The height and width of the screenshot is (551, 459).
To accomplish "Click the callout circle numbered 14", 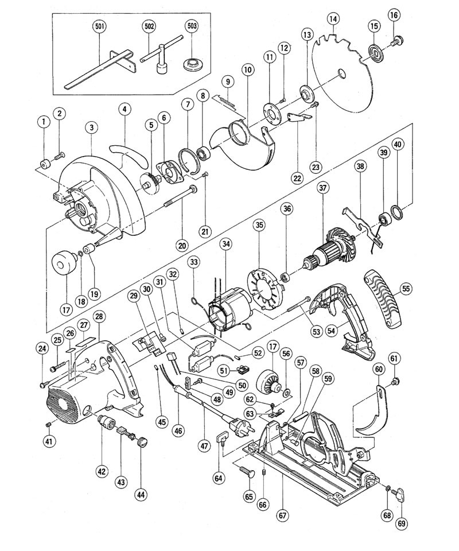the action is point(333,18).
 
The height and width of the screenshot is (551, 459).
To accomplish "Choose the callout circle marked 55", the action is point(406,289).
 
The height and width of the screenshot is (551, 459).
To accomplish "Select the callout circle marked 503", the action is point(192,26).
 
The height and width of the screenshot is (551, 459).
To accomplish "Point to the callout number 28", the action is point(99,317).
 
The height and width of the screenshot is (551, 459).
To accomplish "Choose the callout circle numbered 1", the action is point(44,122).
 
